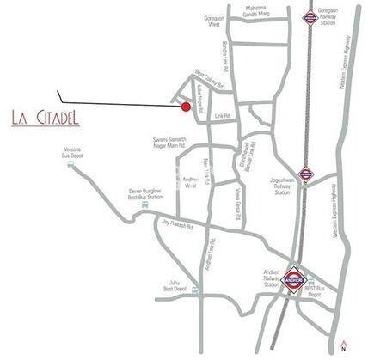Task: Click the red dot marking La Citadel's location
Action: pyautogui.click(x=186, y=107)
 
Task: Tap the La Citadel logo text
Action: pyautogui.click(x=46, y=115)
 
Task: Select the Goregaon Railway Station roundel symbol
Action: pyautogui.click(x=309, y=17)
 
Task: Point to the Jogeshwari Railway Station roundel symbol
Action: pyautogui.click(x=305, y=172)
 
